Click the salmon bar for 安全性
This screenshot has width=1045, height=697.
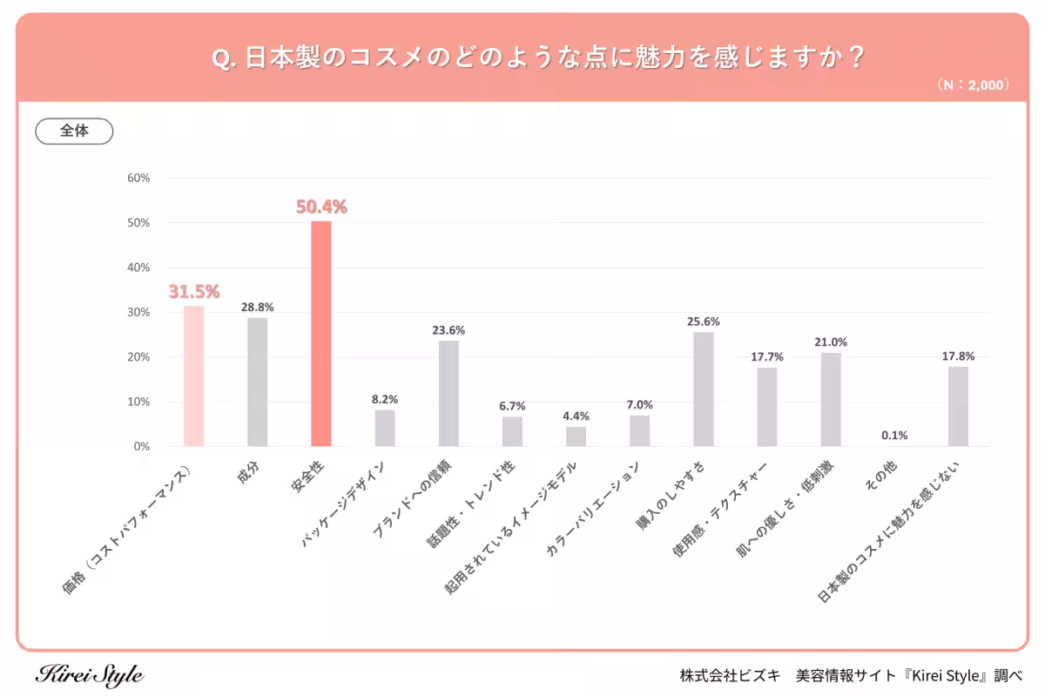point(321,334)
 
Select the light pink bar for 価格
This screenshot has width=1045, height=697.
point(193,376)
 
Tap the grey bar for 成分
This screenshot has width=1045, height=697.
point(258,382)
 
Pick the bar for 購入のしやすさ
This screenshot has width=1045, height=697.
point(704,389)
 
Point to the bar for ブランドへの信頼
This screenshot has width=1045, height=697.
point(448,394)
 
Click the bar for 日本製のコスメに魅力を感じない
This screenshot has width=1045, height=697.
point(958,407)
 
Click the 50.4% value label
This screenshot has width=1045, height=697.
point(321,207)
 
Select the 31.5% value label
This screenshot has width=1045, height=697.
point(193,292)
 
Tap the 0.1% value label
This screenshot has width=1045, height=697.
point(894,436)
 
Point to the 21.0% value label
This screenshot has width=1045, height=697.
point(831,342)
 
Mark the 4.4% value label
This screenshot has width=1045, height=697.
point(576,416)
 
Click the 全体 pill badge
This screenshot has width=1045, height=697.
point(74,131)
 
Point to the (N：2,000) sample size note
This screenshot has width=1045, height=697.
point(973,85)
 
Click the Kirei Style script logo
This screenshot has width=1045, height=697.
point(90,675)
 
